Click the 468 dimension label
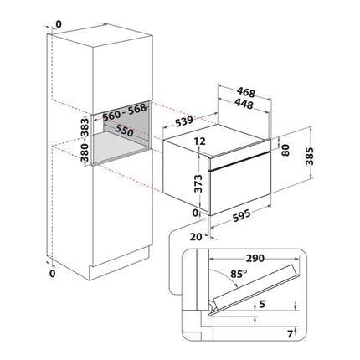coord(245,92)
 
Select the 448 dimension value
coord(244,104)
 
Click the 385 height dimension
coord(310,156)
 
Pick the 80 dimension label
coord(285,150)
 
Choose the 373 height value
coord(198,183)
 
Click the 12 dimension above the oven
coord(200,141)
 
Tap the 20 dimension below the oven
coord(196,237)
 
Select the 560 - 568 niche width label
coord(125,112)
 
